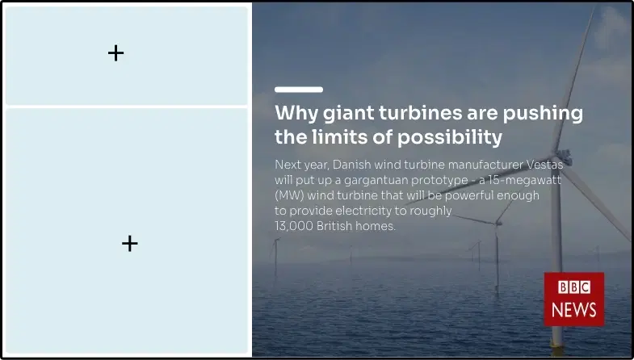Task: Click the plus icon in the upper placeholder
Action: coord(115,53)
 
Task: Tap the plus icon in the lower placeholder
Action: coord(129,243)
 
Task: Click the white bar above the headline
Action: coord(298,89)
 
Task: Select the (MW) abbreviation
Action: coord(289,195)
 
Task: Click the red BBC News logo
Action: coord(573,299)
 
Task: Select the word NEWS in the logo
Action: coord(573,309)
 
